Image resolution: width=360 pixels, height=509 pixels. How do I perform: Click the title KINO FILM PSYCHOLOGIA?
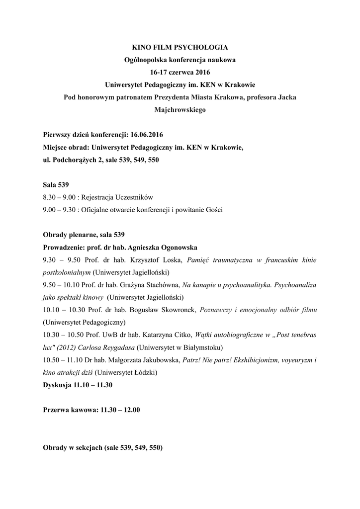180,48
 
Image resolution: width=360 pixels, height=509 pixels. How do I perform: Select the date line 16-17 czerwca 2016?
180,73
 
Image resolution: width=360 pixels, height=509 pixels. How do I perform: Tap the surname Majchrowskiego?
180,110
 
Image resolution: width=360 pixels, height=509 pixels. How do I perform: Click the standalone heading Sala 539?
56,185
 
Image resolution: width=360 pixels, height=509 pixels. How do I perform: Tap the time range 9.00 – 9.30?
59,210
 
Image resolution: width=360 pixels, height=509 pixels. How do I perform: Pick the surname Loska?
173,259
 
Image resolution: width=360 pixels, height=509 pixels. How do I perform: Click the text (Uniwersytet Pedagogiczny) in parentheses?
84,322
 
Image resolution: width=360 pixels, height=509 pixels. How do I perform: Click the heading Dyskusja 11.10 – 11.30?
78,384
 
